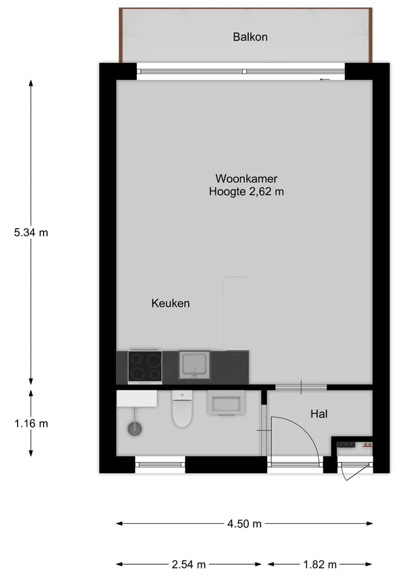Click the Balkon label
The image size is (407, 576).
pyautogui.click(x=250, y=37)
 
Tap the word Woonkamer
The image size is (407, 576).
pyautogui.click(x=246, y=178)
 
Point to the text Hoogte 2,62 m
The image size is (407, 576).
pyautogui.click(x=246, y=192)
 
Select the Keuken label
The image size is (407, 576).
pyautogui.click(x=170, y=303)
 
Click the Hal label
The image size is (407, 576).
pyautogui.click(x=319, y=414)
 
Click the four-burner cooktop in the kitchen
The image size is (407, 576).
pyautogui.click(x=145, y=366)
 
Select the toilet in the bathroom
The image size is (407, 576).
pyautogui.click(x=182, y=411)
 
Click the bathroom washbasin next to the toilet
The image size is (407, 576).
pyautogui.click(x=227, y=403)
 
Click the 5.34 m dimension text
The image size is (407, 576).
pyautogui.click(x=31, y=232)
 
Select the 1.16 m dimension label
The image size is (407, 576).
pyautogui.click(x=31, y=423)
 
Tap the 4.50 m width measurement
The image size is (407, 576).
pyautogui.click(x=244, y=524)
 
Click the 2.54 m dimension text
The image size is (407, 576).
pyautogui.click(x=189, y=564)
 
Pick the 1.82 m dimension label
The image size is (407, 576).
pyautogui.click(x=320, y=564)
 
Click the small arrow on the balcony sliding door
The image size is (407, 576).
pyautogui.click(x=324, y=79)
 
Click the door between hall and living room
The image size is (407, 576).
pyautogui.click(x=301, y=387)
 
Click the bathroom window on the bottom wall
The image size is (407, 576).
pyautogui.click(x=160, y=465)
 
